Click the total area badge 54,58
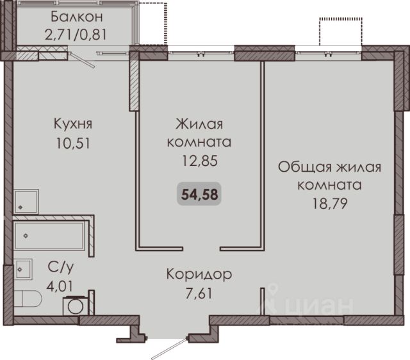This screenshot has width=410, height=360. (199, 194)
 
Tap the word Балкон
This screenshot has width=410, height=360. (77, 17)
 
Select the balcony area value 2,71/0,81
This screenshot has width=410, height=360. (76, 35)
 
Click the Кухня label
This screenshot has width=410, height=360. (73, 124)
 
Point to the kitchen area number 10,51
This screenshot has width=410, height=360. (73, 143)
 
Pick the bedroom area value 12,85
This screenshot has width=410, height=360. (199, 161)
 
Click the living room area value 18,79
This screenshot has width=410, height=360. (330, 204)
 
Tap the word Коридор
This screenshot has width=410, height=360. (199, 275)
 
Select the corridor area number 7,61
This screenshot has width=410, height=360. (199, 293)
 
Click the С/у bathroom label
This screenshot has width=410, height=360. (61, 268)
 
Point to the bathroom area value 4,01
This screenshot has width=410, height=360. (60, 286)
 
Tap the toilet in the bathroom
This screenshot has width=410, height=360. (28, 299)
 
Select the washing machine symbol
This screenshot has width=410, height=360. (76, 306)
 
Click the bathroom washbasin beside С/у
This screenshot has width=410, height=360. (23, 269)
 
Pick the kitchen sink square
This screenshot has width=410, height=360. (26, 202)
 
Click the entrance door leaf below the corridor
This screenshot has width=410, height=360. (170, 348)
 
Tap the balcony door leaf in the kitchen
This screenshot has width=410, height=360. (83, 60)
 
